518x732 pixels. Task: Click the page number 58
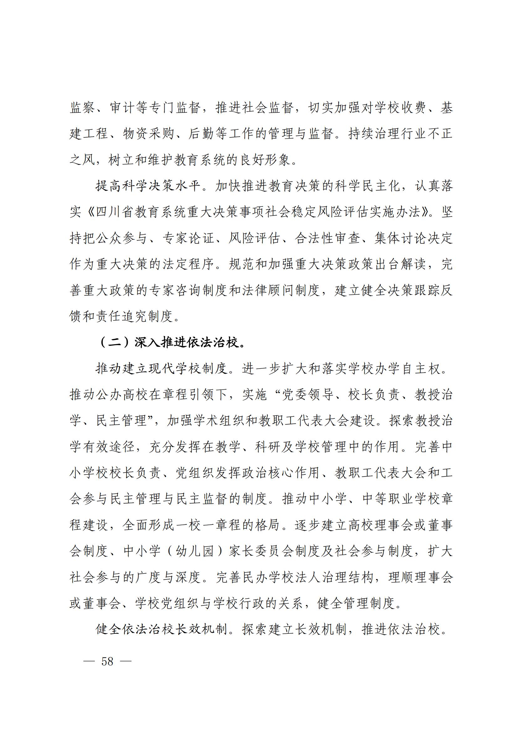[107, 661]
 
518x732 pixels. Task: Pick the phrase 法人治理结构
[327, 578]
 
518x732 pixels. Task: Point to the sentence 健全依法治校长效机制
[161, 630]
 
